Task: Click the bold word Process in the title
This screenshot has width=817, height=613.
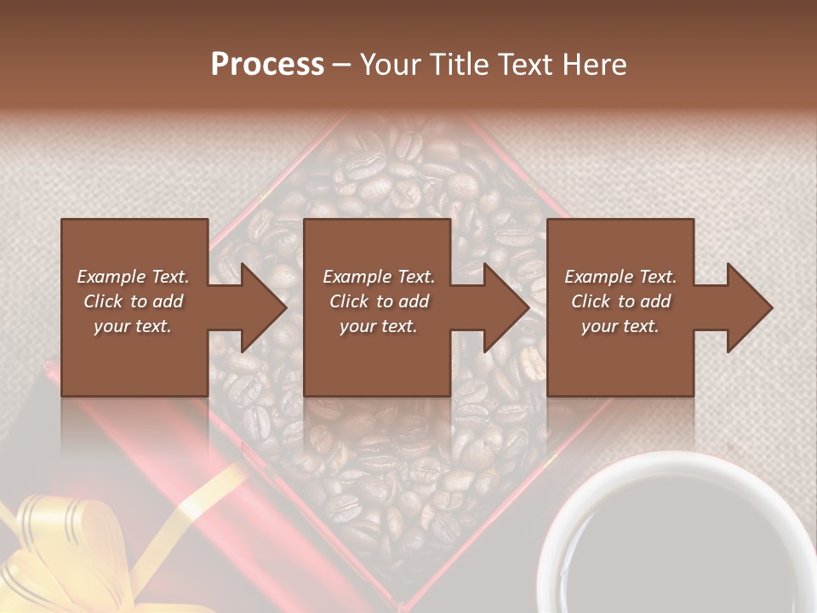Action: [267, 65]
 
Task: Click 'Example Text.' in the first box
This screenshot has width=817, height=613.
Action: [134, 277]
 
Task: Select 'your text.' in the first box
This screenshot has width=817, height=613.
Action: [134, 326]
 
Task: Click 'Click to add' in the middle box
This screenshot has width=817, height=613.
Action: [380, 301]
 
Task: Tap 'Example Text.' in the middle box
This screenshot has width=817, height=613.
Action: [380, 277]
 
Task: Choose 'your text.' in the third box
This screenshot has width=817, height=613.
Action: [620, 326]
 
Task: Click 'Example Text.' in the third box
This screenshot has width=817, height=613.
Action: [620, 277]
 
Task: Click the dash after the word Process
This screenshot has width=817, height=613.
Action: [342, 65]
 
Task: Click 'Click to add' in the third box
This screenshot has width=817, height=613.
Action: [620, 301]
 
